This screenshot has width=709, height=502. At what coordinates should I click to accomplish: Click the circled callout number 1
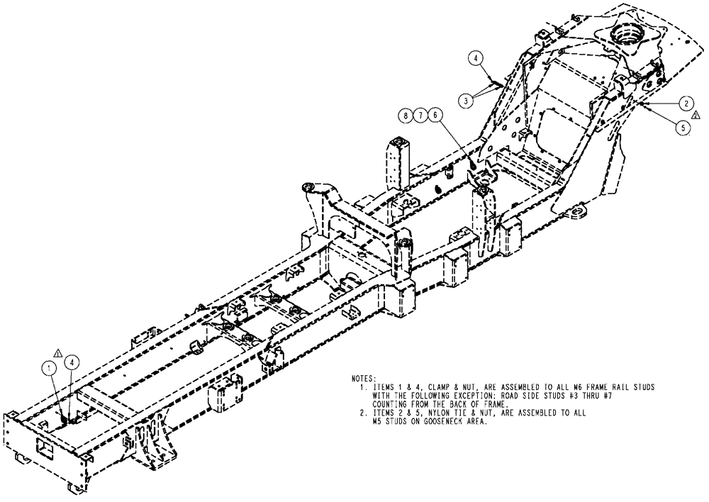point(48,367)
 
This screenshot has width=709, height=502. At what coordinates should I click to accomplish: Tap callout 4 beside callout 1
point(73,362)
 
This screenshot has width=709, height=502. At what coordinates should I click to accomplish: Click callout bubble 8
point(404,113)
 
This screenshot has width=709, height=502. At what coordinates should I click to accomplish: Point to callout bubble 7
point(420,113)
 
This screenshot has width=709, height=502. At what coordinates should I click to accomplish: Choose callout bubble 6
point(435,113)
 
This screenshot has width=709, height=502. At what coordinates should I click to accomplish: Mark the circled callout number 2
point(685,102)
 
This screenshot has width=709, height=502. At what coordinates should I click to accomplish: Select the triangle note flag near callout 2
point(696,115)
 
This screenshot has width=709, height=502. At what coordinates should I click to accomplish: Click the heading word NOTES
point(364,379)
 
